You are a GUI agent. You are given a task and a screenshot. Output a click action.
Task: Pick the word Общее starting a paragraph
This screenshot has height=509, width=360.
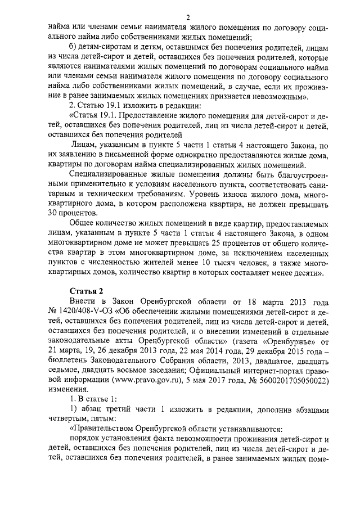pyautogui.click(x=80, y=224)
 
